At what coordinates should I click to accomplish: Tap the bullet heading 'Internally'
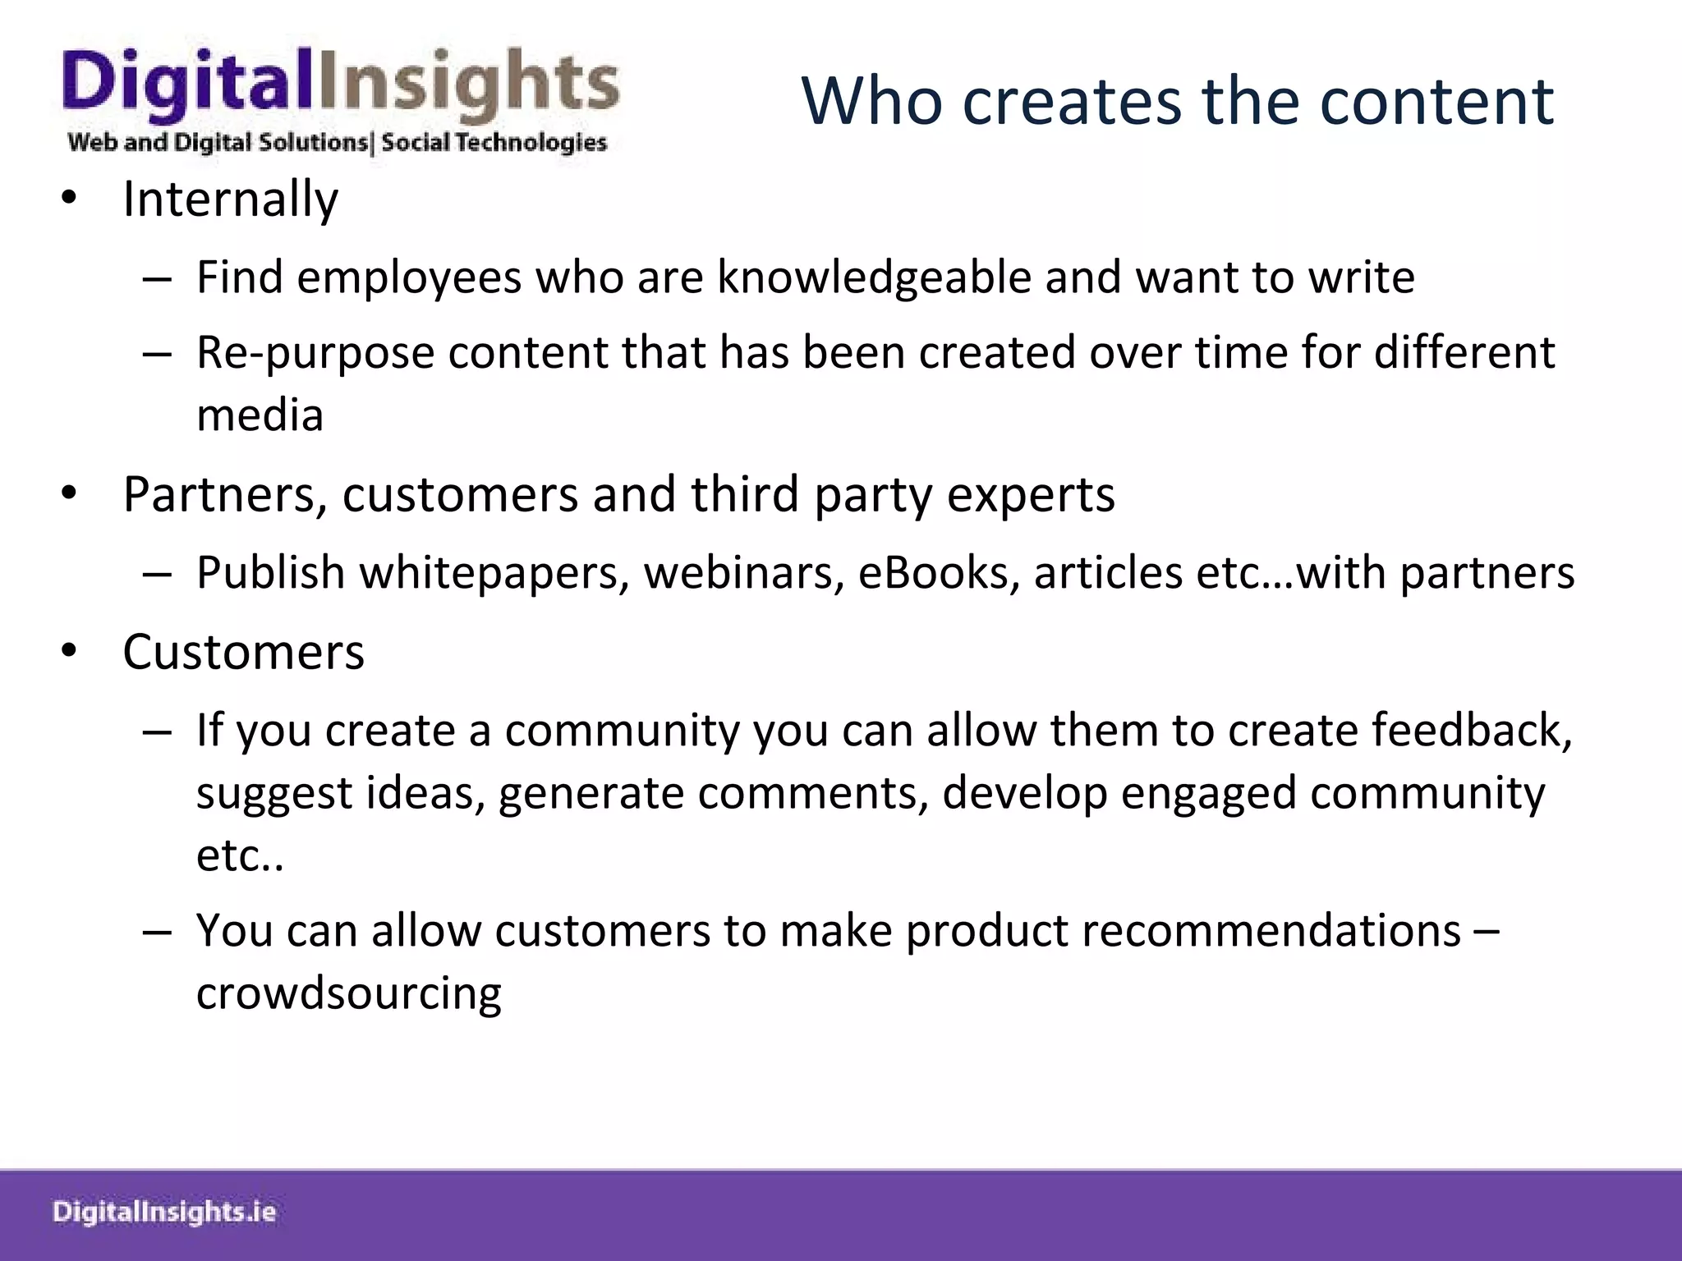coord(230,199)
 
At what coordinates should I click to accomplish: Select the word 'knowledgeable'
coord(874,277)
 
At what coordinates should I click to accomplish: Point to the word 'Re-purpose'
coord(315,353)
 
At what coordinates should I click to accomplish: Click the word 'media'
coord(260,415)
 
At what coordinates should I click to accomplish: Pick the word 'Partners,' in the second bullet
coord(225,495)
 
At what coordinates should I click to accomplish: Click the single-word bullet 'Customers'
coord(243,653)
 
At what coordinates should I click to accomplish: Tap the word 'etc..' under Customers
coord(240,856)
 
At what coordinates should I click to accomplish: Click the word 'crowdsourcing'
coord(348,994)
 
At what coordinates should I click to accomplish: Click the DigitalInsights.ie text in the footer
coord(164,1213)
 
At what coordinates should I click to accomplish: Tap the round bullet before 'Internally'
coord(69,199)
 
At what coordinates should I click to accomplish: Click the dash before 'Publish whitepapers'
coord(156,574)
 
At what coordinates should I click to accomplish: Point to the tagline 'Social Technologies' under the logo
coord(494,143)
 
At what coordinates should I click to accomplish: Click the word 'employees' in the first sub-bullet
coord(408,277)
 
